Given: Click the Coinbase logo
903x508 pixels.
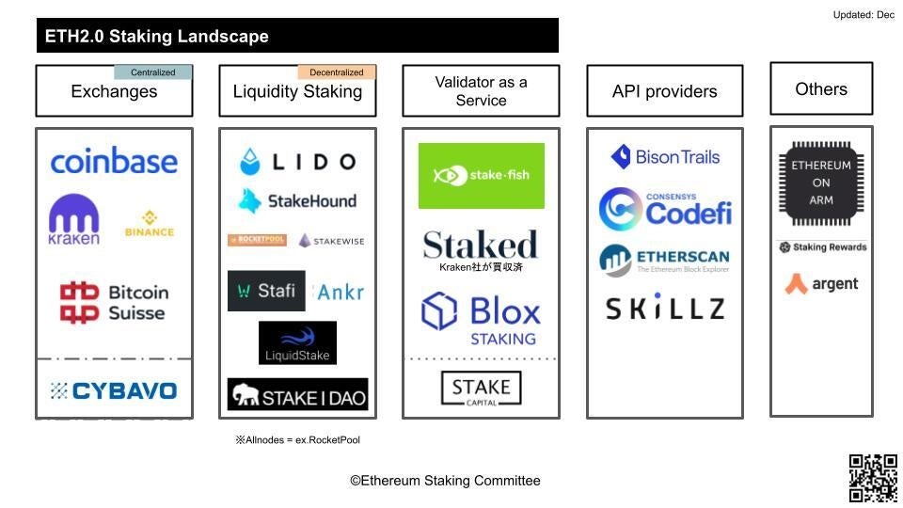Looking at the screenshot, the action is [x=113, y=161].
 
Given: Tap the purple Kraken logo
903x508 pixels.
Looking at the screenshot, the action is [x=73, y=220].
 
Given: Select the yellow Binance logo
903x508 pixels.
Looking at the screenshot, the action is [x=149, y=224].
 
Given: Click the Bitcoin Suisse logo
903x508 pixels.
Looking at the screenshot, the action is [x=114, y=303].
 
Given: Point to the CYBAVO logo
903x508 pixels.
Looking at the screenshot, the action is [x=113, y=390].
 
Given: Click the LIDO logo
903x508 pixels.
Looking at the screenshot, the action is [x=297, y=162].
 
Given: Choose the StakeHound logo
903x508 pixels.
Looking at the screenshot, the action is [x=297, y=200].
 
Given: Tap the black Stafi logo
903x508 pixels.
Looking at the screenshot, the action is [x=266, y=291].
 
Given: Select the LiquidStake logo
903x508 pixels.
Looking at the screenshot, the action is [x=297, y=342].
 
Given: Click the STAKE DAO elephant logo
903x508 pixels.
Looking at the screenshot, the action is [x=297, y=395].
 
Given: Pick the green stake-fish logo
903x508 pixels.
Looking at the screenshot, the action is [x=481, y=175].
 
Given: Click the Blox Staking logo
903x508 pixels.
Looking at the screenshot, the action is [x=481, y=318].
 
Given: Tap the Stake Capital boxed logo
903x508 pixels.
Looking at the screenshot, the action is [x=481, y=389].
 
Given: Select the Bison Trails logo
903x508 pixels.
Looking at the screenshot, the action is [x=664, y=157].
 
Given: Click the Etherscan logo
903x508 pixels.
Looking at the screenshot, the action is [x=664, y=260].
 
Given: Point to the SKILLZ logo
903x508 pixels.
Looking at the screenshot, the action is [x=664, y=309].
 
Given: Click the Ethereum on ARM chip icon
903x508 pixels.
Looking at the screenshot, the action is [x=820, y=183].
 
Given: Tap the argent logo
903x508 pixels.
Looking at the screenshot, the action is [x=821, y=283].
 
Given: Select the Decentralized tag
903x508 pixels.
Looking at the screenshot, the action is [x=337, y=72].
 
